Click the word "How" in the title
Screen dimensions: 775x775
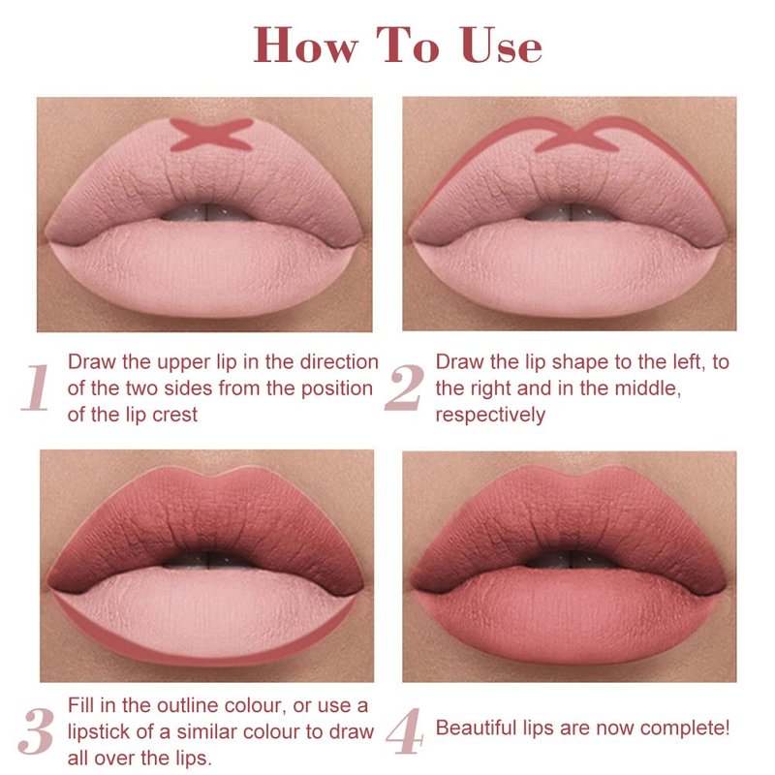click(x=305, y=45)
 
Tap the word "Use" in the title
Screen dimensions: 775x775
click(x=502, y=45)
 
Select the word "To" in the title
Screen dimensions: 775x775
click(x=408, y=45)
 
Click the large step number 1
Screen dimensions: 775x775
click(x=37, y=387)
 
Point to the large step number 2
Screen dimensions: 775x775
click(x=404, y=387)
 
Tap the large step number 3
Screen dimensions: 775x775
click(x=36, y=730)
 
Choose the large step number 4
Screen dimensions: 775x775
click(x=404, y=730)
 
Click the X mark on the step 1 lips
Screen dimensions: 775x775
click(x=211, y=134)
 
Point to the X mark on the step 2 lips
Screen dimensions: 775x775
click(x=577, y=135)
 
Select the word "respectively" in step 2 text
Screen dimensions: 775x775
click(x=490, y=416)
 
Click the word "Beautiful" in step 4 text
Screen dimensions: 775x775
click(x=476, y=728)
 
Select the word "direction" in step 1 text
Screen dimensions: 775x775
click(x=339, y=361)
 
